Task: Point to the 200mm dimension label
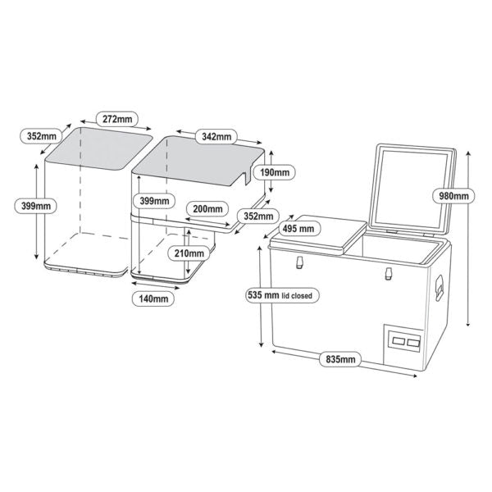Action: point(203,208)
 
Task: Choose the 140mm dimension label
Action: point(153,299)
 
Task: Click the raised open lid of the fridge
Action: point(415,189)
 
